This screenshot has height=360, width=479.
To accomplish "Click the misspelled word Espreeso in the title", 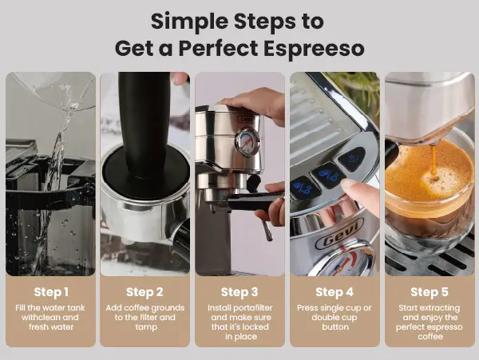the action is pyautogui.click(x=314, y=49).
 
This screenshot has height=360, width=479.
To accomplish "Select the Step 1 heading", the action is pyautogui.click(x=51, y=292).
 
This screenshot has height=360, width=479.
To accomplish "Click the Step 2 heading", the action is pyautogui.click(x=144, y=292).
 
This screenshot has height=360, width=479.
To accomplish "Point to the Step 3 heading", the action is pyautogui.click(x=239, y=292).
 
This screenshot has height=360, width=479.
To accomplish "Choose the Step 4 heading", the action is pyautogui.click(x=335, y=292).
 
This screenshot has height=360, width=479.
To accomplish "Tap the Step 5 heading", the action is pyautogui.click(x=430, y=292).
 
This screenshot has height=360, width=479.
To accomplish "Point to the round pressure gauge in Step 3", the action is pyautogui.click(x=247, y=142).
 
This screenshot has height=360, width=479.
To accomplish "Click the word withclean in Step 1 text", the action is pyautogui.click(x=38, y=317).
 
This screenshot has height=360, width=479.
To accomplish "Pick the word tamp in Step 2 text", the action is pyautogui.click(x=146, y=327).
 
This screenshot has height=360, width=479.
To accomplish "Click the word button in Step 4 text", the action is pyautogui.click(x=335, y=327).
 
